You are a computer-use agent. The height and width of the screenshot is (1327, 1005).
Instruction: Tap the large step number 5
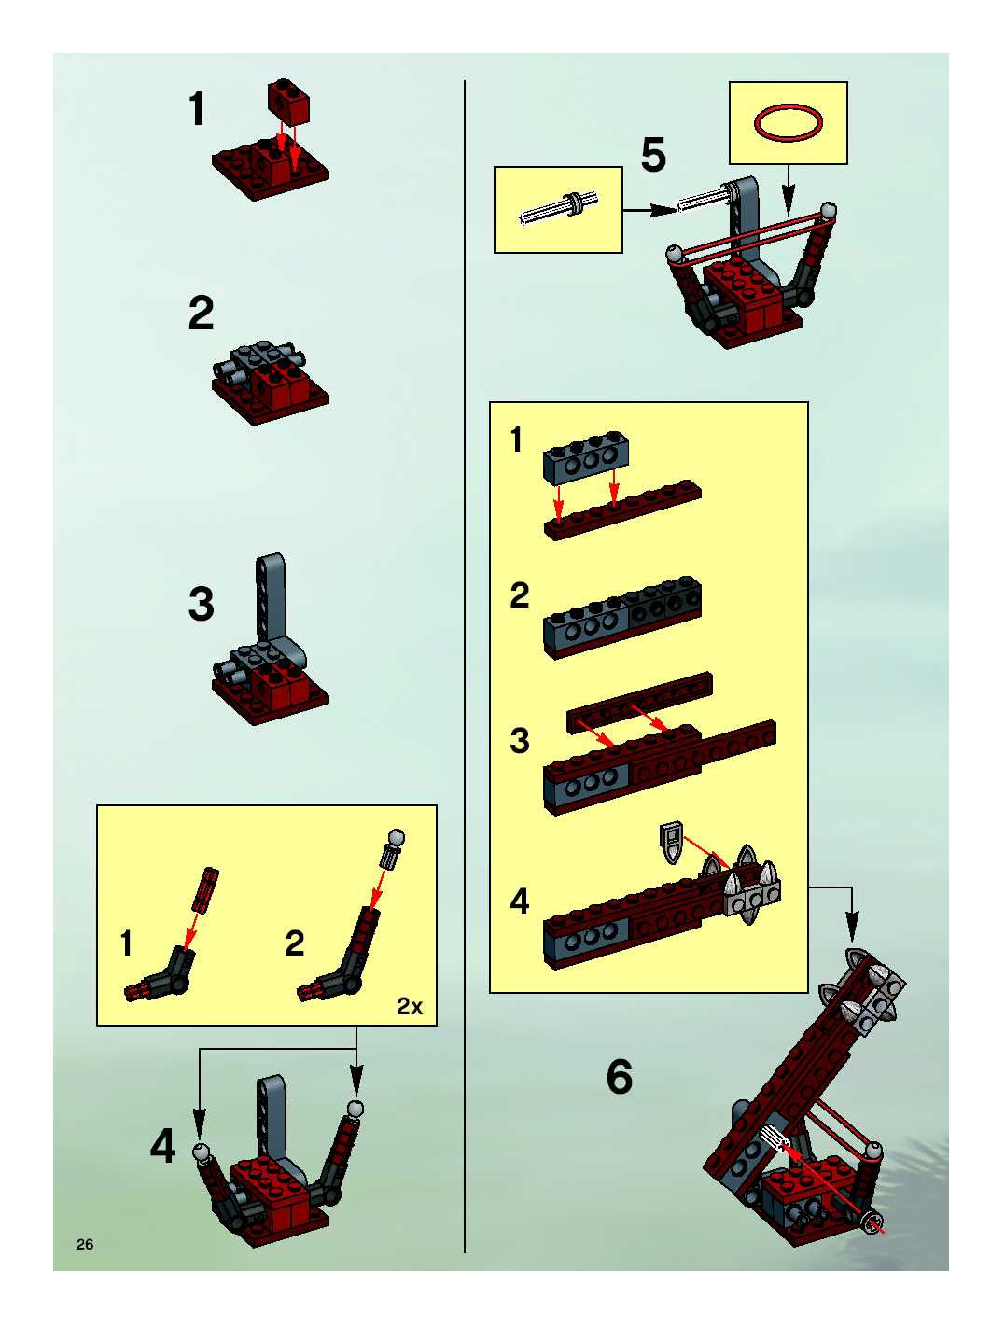pos(653,155)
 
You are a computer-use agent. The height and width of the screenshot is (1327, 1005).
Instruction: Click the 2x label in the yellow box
pos(410,1006)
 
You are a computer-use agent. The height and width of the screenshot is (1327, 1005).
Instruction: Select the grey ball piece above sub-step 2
pos(396,838)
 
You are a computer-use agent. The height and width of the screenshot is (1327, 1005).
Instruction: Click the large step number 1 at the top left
pos(196,108)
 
